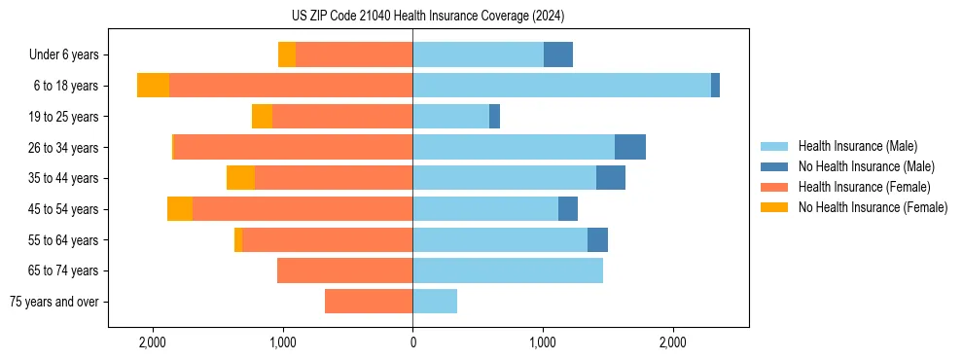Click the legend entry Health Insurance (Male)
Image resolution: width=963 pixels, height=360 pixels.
(857, 146)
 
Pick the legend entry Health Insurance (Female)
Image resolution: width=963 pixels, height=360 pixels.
(864, 187)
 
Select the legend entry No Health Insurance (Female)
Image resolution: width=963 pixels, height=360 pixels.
(873, 207)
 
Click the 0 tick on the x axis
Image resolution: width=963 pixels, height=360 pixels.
(412, 342)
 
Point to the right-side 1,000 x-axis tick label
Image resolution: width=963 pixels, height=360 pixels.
(543, 342)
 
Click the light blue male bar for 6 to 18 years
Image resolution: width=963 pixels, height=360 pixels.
(561, 86)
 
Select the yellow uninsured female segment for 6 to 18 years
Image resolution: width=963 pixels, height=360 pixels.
(153, 86)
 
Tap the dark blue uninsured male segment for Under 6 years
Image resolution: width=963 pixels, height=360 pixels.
(558, 54)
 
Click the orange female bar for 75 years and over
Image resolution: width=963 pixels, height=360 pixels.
(369, 302)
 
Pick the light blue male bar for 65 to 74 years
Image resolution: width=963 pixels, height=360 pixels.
(508, 270)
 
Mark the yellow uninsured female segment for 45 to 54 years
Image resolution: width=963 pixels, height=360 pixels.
(180, 209)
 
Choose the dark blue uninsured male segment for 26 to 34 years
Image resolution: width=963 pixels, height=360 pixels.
(630, 147)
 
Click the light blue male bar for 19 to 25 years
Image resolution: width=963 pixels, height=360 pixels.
(450, 117)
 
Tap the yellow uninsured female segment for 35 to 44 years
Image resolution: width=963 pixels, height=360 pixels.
(240, 178)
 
